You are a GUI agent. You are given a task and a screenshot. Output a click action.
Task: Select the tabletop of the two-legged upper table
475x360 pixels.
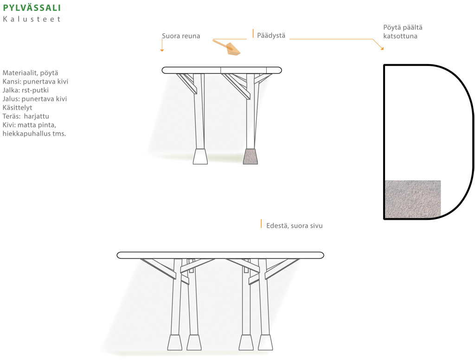[x=222, y=70]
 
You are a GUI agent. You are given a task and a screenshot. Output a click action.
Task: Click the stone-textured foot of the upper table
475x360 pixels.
[x=250, y=156]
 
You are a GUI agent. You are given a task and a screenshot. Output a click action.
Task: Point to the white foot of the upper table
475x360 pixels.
[x=200, y=156]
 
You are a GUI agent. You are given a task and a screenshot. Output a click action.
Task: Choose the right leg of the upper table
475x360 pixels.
[x=250, y=116]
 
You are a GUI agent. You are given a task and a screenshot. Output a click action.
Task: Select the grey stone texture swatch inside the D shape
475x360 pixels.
[x=412, y=199]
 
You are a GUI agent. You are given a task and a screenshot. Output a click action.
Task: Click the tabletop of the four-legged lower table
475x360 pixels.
[x=220, y=255]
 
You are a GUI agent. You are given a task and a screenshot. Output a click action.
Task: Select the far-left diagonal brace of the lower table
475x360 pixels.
[x=158, y=268]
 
